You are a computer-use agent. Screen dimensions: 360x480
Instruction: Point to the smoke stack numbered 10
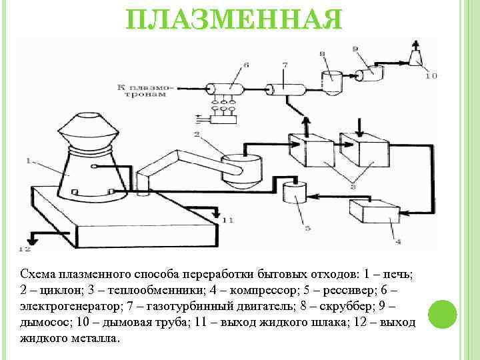pos(417,56)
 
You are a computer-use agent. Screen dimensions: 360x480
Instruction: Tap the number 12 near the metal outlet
pos(25,250)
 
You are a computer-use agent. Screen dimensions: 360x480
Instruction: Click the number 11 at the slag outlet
pos(228,220)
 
